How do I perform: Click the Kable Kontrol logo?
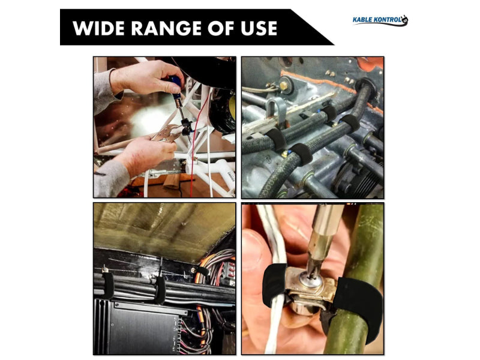(x=380, y=20)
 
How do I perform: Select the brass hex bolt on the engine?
(x=283, y=85)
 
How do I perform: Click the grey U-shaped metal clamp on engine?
(x=275, y=110)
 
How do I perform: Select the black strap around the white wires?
(x=274, y=284)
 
